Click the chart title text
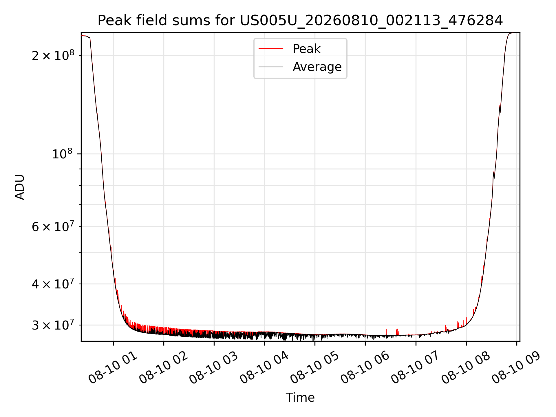300,21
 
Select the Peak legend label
306,49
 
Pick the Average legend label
317,67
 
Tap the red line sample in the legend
271,49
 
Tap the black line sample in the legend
271,67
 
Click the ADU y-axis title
20,187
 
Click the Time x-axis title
300,398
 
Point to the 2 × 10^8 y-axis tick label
53,55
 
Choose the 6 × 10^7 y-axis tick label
53,226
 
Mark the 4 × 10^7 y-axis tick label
53,284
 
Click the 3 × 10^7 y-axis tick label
53,325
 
